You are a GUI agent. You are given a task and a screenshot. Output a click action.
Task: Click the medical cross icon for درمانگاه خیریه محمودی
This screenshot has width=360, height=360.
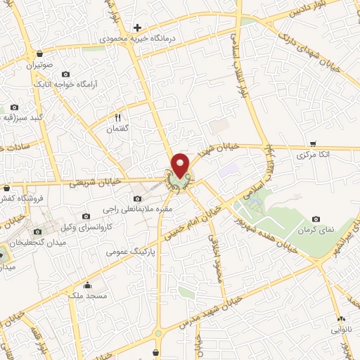(138, 27)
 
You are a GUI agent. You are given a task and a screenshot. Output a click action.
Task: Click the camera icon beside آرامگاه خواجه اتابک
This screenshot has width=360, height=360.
(66, 74)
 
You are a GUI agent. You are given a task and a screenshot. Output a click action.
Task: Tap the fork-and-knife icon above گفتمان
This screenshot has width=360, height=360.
(118, 117)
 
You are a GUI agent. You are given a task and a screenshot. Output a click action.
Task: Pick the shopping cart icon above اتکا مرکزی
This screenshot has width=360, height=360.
(312, 143)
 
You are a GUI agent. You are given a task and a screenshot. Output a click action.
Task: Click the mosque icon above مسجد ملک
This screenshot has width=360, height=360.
(87, 285)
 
